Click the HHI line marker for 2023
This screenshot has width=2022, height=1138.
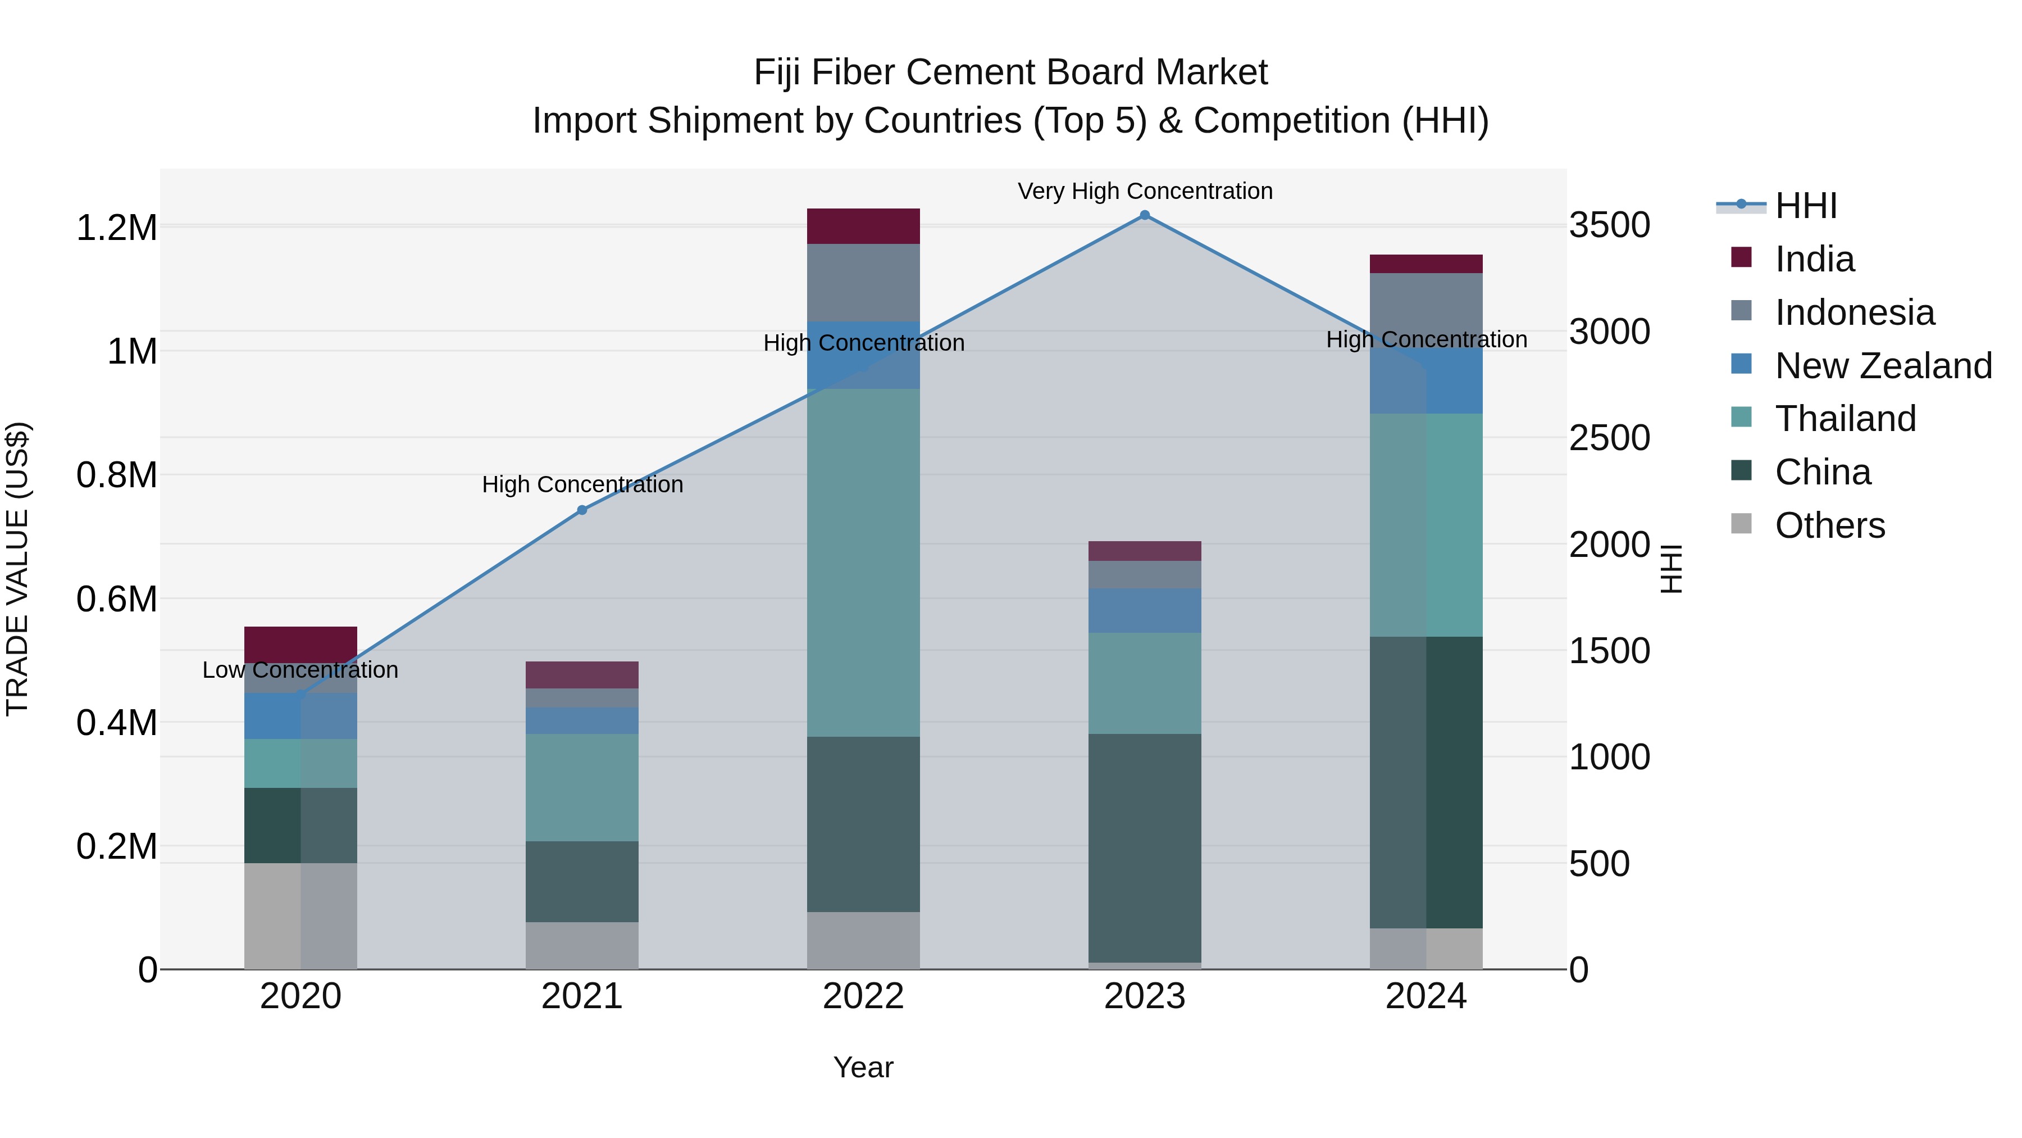(x=1145, y=215)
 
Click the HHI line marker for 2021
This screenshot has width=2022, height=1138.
(x=582, y=510)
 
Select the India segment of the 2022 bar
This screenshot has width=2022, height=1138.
(x=863, y=226)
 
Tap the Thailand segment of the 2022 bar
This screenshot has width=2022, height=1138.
(x=863, y=563)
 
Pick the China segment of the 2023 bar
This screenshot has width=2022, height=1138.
(x=1145, y=848)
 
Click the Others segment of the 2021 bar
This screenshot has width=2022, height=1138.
(x=582, y=946)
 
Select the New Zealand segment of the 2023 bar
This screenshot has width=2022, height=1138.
(x=1145, y=610)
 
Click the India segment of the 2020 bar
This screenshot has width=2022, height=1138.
(x=300, y=644)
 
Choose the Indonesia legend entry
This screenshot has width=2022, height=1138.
(x=1854, y=312)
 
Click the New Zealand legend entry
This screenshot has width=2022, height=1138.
(x=1882, y=366)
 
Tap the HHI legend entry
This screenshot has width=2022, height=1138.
(x=1805, y=206)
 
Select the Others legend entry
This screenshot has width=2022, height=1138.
(x=1829, y=525)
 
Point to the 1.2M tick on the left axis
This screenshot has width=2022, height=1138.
(x=117, y=228)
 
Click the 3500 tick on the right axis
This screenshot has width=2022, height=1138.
(x=1609, y=225)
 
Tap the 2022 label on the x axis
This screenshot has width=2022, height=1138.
(x=863, y=996)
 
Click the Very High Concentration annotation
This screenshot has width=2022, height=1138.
(x=1145, y=191)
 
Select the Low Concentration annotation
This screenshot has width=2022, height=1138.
(x=300, y=670)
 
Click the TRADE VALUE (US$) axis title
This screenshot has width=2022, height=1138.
(x=17, y=569)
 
